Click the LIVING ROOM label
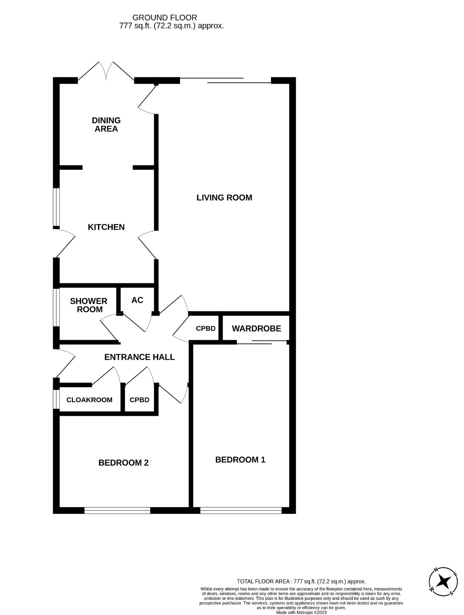[224, 197]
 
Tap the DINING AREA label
[106, 124]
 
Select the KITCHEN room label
[106, 227]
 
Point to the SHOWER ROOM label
[88, 305]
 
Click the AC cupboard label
[137, 300]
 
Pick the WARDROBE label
[256, 329]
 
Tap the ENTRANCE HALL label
[139, 357]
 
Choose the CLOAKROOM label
[89, 400]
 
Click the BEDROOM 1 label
[240, 460]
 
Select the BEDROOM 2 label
[123, 463]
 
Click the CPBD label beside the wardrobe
[206, 329]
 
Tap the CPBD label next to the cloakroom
[139, 400]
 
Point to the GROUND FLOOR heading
[164, 17]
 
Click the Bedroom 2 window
[117, 510]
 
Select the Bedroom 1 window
[241, 510]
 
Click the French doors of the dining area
[106, 72]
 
